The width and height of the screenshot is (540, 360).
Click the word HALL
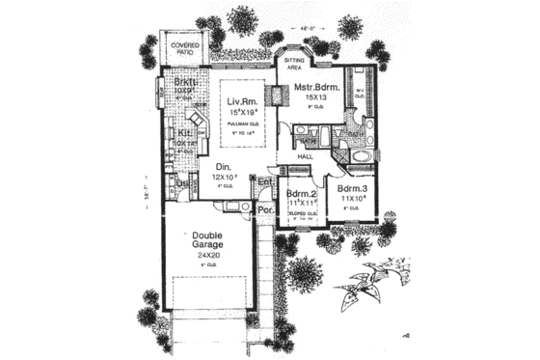307,155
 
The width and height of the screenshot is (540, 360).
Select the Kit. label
183,133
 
